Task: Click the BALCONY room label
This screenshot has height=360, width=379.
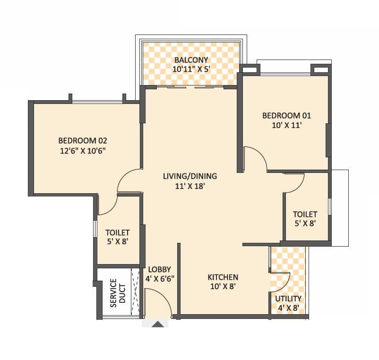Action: (189, 60)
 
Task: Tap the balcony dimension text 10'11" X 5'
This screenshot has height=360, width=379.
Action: (189, 69)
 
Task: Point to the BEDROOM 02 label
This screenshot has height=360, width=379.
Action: (83, 140)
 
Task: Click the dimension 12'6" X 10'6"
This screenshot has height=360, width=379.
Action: (83, 150)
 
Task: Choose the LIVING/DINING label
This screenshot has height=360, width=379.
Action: (189, 176)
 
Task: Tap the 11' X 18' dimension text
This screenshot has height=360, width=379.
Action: (189, 186)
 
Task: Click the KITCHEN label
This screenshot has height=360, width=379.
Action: (223, 277)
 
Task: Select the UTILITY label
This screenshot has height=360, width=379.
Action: (288, 299)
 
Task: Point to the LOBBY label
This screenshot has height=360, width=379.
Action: (160, 269)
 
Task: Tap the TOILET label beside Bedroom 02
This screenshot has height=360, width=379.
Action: (117, 232)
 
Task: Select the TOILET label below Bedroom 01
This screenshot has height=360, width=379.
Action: (305, 214)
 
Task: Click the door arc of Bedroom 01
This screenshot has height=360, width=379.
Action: (255, 158)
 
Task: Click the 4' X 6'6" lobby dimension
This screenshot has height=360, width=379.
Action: (160, 279)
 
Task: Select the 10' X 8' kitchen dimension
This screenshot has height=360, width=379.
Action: (223, 286)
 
